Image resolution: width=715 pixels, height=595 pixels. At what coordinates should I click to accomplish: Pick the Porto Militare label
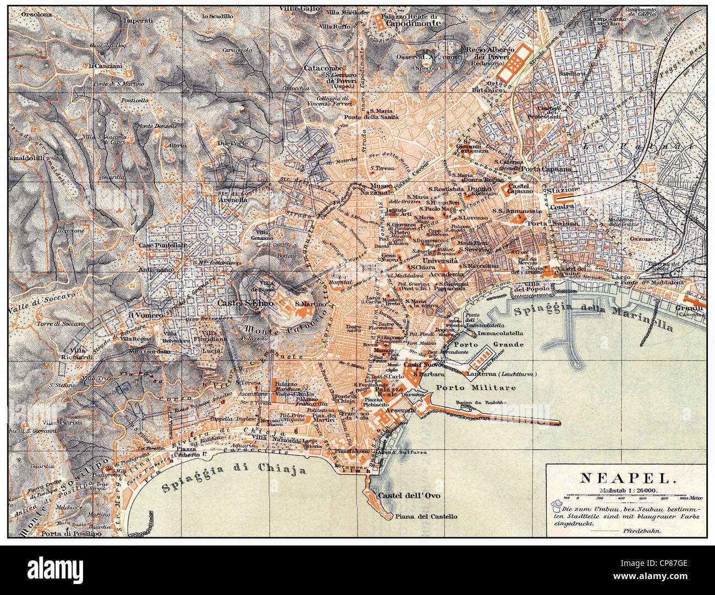point(476,388)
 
